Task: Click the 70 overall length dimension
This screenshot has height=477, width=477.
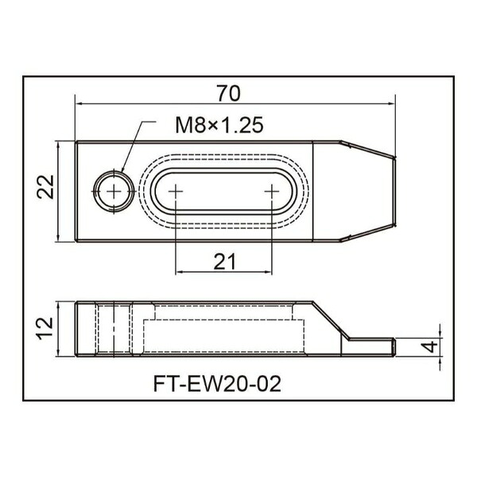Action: [228, 93]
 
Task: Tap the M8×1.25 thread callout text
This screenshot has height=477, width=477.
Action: [219, 125]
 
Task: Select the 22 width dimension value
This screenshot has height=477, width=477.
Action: [45, 187]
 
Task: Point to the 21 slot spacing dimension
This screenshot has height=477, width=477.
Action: [224, 262]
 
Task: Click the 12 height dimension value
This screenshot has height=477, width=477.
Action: [45, 328]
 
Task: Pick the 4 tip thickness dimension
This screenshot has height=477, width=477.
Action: [431, 347]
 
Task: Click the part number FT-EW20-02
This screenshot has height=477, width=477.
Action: [217, 384]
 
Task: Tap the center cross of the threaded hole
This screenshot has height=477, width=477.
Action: [114, 192]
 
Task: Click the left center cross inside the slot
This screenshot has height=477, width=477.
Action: [176, 192]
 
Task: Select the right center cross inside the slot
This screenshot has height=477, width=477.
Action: [272, 192]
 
